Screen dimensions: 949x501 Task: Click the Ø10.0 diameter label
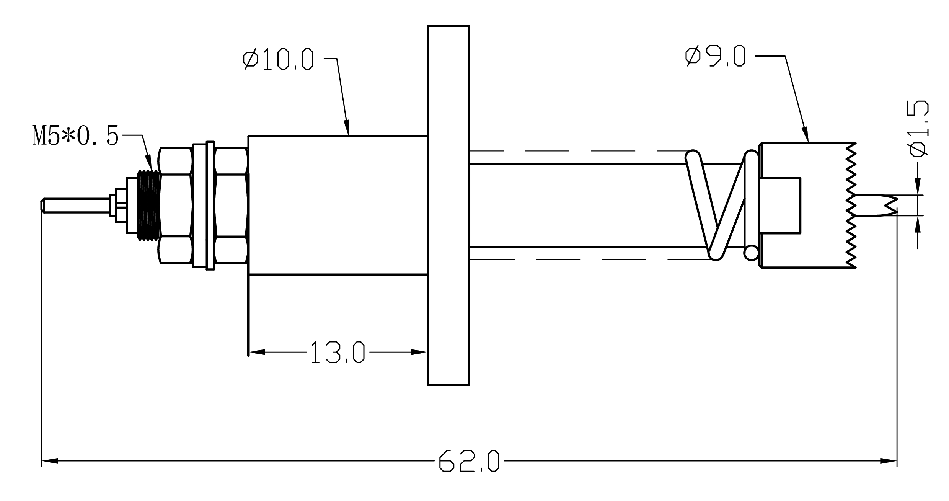(x=278, y=59)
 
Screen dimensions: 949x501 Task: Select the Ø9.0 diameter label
(x=716, y=56)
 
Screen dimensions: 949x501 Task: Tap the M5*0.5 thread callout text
(x=75, y=136)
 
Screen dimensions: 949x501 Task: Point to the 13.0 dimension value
(x=337, y=352)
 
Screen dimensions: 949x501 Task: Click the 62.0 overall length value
(x=469, y=461)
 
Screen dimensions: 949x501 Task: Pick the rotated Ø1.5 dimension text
(x=919, y=129)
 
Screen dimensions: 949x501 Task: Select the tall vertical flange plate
(x=448, y=205)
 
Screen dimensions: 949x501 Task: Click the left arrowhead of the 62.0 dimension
(x=50, y=461)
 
